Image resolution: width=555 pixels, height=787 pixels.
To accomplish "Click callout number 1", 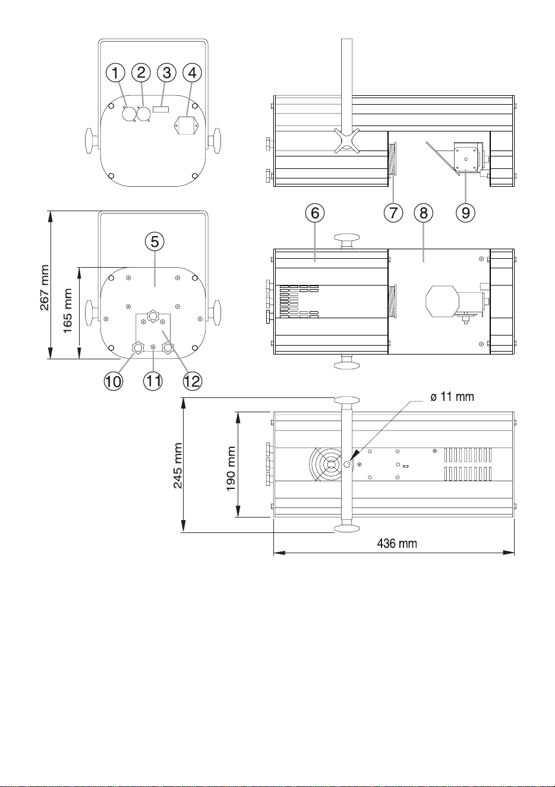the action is [x=115, y=73].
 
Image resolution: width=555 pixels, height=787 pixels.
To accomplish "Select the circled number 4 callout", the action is [x=193, y=73].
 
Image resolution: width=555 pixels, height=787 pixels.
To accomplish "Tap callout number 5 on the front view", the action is [x=155, y=242].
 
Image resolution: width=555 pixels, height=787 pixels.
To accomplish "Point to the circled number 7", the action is [x=393, y=212].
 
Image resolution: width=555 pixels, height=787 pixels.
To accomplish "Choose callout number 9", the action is [x=465, y=212].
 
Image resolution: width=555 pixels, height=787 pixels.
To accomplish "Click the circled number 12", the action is [x=193, y=381].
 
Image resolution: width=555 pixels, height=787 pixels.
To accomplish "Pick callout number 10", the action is [x=113, y=381].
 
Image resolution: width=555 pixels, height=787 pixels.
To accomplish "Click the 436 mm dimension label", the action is [x=397, y=544].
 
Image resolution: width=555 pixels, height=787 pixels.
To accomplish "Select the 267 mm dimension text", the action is [x=45, y=288].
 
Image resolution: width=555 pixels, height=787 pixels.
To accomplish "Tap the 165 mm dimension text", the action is [x=67, y=311].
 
